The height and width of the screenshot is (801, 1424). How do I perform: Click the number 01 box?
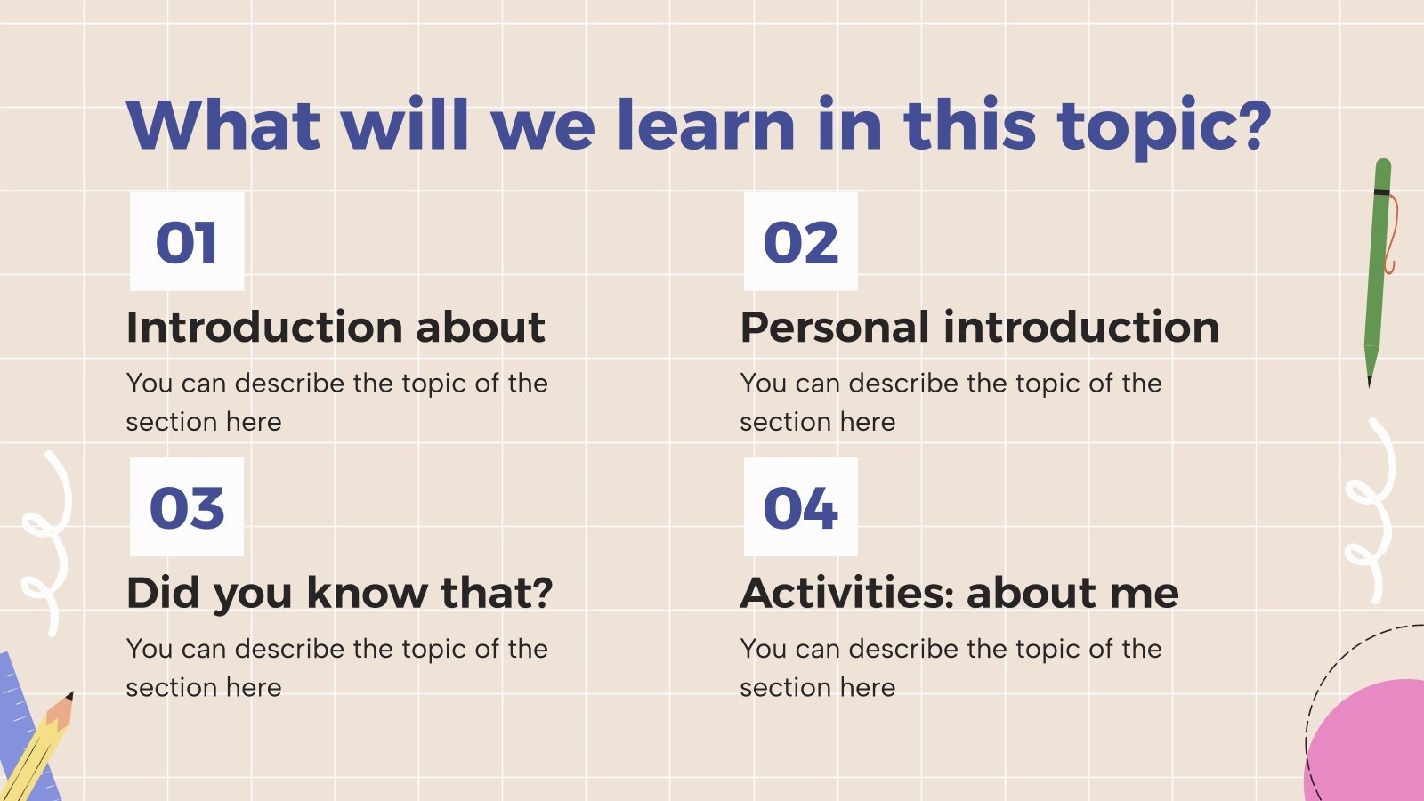click(187, 241)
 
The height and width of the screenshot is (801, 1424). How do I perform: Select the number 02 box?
click(800, 241)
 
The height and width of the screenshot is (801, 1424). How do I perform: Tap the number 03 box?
click(187, 507)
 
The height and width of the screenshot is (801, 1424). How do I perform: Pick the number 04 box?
click(800, 507)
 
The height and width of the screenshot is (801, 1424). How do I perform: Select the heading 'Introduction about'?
click(336, 327)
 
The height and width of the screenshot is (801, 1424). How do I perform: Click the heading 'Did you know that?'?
click(339, 593)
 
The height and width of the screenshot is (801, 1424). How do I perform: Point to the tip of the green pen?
click(1370, 383)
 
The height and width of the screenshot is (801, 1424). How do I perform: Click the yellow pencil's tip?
click(69, 696)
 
